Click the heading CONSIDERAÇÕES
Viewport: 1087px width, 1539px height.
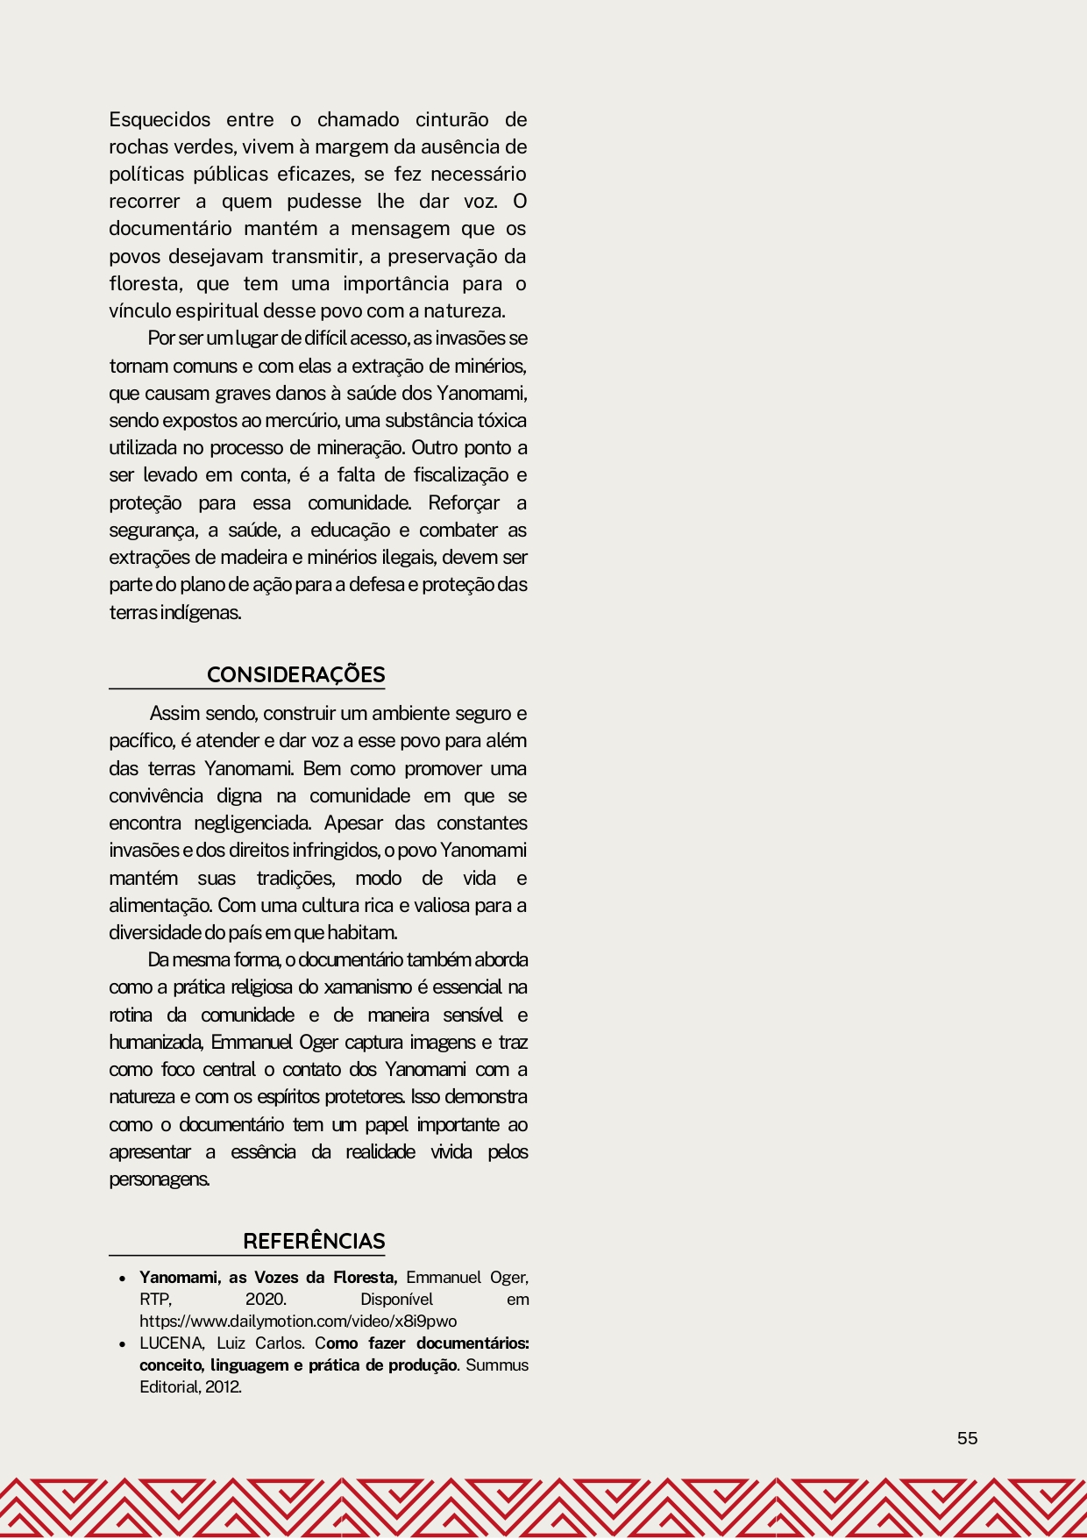295,674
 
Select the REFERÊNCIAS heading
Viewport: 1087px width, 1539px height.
314,1241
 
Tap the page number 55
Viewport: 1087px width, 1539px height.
967,1438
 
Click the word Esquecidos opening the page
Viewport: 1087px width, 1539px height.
160,119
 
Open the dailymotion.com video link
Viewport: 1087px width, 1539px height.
298,1321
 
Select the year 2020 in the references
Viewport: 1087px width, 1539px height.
266,1299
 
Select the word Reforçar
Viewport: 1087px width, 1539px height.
464,503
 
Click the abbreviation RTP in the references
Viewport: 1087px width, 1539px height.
155,1299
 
